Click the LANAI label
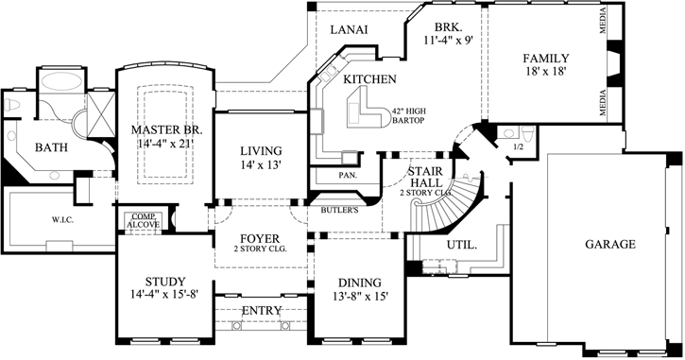coord(348,30)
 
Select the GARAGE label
coord(609,243)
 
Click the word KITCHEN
coord(369,79)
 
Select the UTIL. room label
coord(460,244)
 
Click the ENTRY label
coord(261,311)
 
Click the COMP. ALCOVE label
coord(144,221)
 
